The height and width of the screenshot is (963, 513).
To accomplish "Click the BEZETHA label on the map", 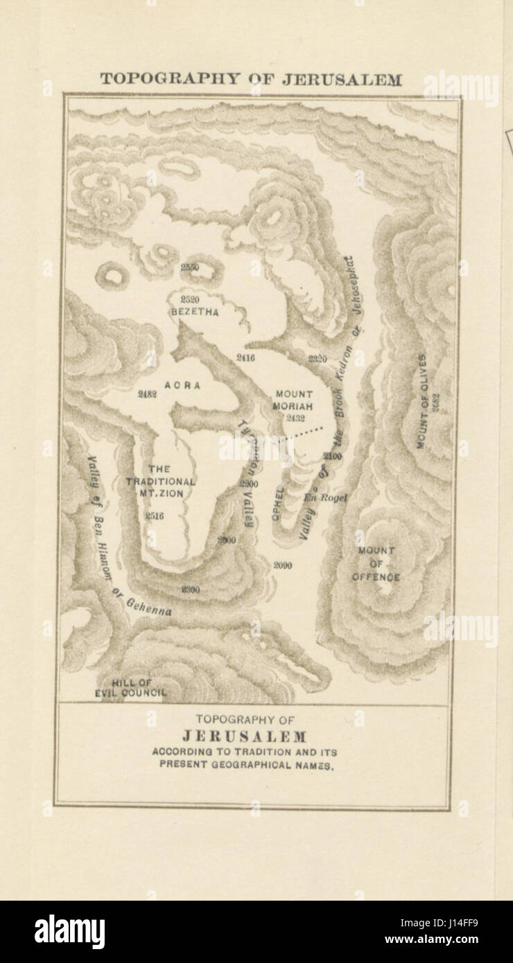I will tap(195, 312).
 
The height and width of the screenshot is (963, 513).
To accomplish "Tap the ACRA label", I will tap(182, 385).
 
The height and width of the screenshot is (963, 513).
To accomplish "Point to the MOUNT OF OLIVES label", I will tap(421, 401).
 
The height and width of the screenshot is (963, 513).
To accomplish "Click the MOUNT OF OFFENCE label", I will tap(376, 564).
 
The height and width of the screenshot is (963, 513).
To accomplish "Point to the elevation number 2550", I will tap(189, 267).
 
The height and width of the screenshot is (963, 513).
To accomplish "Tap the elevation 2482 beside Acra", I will tap(147, 394).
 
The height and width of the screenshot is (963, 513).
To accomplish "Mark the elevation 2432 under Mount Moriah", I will tap(295, 418).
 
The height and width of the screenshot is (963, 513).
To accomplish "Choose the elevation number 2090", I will tap(282, 565).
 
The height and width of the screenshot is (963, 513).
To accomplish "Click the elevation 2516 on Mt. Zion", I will tap(155, 515).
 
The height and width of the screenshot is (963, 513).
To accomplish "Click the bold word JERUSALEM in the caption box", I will tap(244, 736).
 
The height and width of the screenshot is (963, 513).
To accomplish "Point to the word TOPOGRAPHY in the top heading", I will tap(160, 79).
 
